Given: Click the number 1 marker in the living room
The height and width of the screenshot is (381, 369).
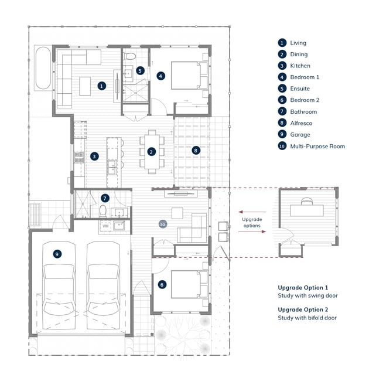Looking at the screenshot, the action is tap(101, 86).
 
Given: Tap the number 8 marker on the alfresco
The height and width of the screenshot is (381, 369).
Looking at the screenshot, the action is tap(196, 151).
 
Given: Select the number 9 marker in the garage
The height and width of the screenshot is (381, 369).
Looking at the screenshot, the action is tap(57, 254).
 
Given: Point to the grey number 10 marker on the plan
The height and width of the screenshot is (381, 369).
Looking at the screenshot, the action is tap(163, 224).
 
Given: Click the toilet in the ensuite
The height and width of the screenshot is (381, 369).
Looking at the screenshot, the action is tap(130, 56).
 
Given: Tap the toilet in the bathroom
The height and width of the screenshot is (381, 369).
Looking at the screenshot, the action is tap(103, 211).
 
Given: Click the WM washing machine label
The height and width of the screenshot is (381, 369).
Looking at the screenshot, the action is tap(105, 226).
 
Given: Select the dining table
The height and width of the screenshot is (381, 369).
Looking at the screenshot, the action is tap(152, 152).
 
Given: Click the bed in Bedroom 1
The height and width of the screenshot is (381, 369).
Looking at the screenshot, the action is tap(187, 76).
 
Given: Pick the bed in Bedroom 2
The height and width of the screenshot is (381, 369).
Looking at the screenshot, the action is tap(187, 284).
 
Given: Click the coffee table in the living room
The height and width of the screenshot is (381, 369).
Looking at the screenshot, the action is tap(85, 86).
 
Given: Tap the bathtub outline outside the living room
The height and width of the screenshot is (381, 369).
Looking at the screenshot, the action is tap(43, 68).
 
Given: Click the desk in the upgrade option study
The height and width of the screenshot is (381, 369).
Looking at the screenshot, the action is tap(307, 210).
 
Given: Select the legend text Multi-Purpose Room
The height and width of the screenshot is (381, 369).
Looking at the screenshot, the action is tap(317, 147).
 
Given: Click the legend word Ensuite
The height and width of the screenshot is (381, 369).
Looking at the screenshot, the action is tap(300, 89).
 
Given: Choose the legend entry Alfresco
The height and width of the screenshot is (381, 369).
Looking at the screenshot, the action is tap(301, 123).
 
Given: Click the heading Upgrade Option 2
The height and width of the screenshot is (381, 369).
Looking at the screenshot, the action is tap(303, 309).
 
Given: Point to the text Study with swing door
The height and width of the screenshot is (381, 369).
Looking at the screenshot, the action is tap(308, 295).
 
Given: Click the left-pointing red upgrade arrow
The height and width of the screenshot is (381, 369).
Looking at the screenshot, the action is tap(252, 212).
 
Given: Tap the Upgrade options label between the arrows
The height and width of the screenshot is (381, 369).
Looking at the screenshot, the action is tap(252, 222).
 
